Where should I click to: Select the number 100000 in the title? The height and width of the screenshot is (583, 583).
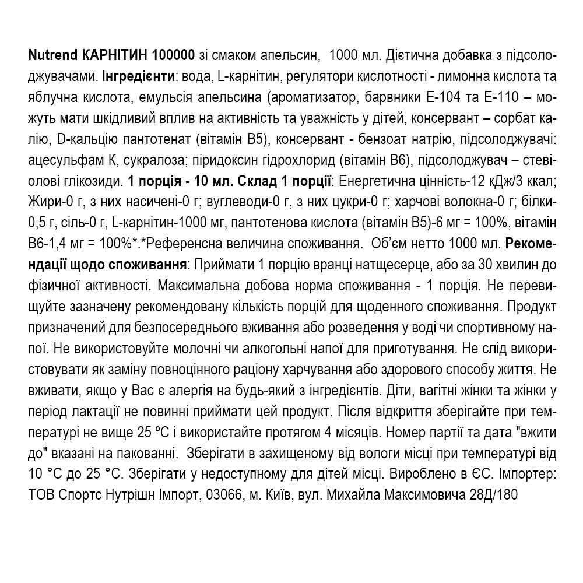click(173, 57)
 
